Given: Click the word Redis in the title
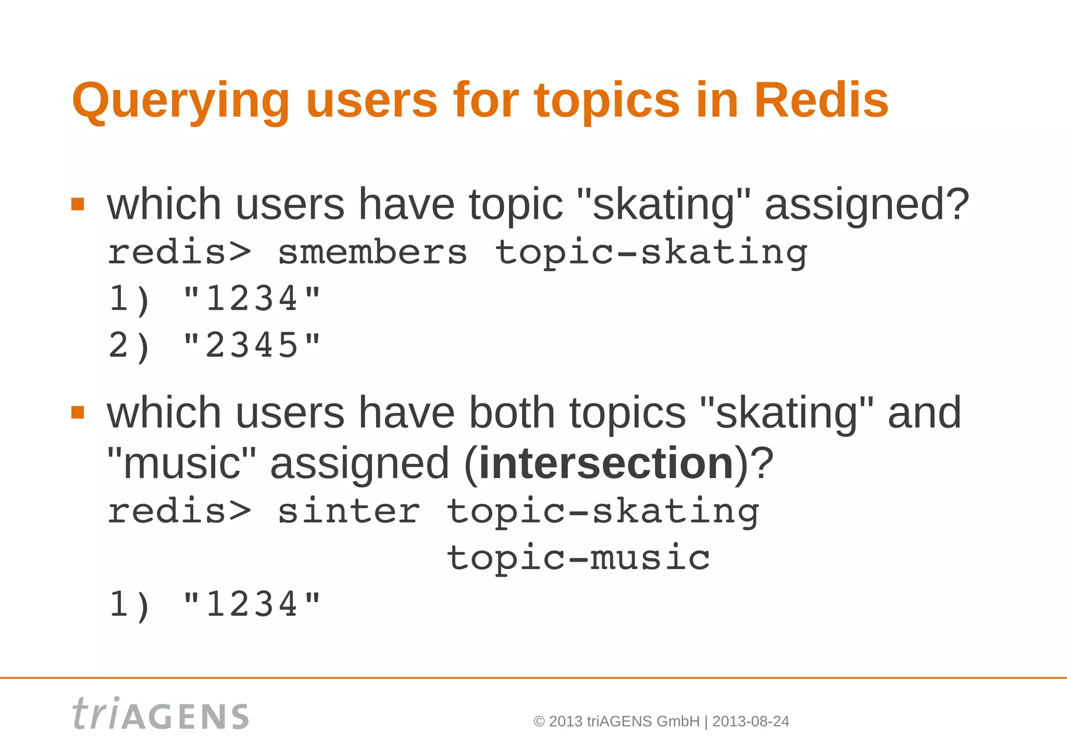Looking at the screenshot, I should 821,100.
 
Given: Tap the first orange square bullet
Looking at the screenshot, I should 78,204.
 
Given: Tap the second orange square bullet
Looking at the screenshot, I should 78,412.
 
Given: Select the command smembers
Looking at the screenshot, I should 373,253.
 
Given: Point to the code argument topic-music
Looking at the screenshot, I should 578,558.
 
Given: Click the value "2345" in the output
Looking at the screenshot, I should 252,345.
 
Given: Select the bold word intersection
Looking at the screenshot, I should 606,463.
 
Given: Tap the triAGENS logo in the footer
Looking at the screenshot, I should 160,714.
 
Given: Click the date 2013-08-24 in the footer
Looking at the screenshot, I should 750,721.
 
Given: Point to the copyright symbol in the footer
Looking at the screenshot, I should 539,721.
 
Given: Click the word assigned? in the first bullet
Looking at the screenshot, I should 866,205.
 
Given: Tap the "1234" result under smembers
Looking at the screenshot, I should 252,299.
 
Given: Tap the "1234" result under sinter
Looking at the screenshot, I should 252,605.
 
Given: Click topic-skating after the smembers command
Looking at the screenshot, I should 651,253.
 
